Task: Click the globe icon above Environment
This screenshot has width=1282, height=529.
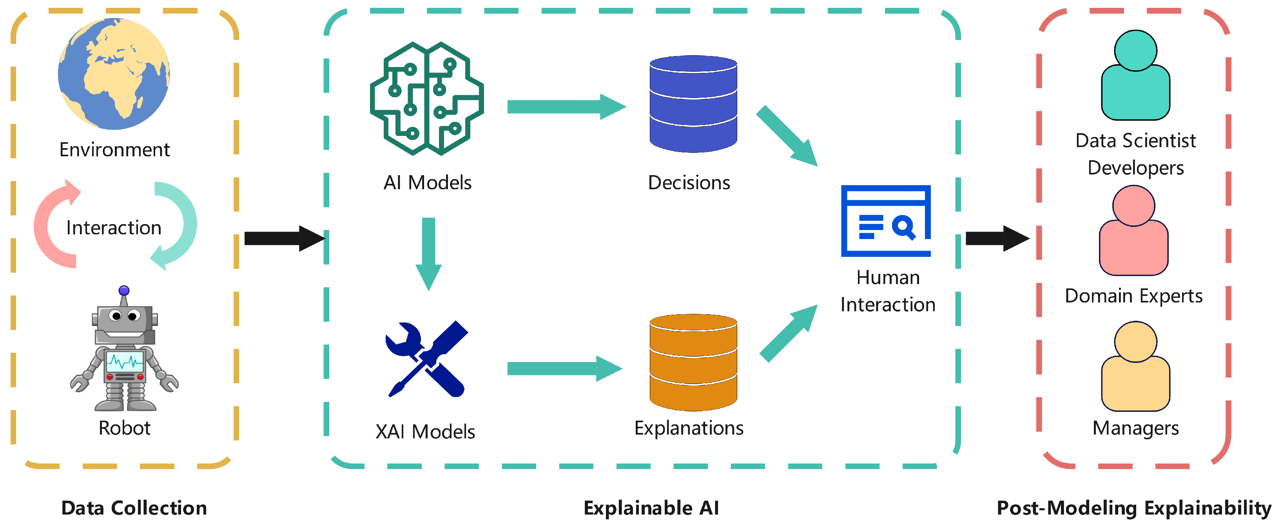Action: pos(114,74)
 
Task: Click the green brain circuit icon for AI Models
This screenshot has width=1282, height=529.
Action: pos(426,98)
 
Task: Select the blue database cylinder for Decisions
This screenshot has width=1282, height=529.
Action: pos(693,104)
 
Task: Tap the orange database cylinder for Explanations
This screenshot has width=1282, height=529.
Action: pos(693,362)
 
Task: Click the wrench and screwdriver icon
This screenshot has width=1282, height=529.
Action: pos(426,359)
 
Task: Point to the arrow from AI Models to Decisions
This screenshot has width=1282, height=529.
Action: pos(566,107)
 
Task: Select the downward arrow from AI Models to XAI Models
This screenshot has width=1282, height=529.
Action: pos(428,254)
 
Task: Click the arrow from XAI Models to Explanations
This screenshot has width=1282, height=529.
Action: pos(565,368)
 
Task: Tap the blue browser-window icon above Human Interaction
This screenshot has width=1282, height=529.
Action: pos(886,221)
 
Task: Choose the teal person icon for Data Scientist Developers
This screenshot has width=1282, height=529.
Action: pos(1136,75)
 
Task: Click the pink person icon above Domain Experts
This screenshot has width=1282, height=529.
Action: pos(1134,230)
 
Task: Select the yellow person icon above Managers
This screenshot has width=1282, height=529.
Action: pos(1136,366)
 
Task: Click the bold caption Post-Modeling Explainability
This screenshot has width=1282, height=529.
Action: pos(1134,508)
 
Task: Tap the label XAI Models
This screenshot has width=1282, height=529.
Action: pos(426,431)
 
